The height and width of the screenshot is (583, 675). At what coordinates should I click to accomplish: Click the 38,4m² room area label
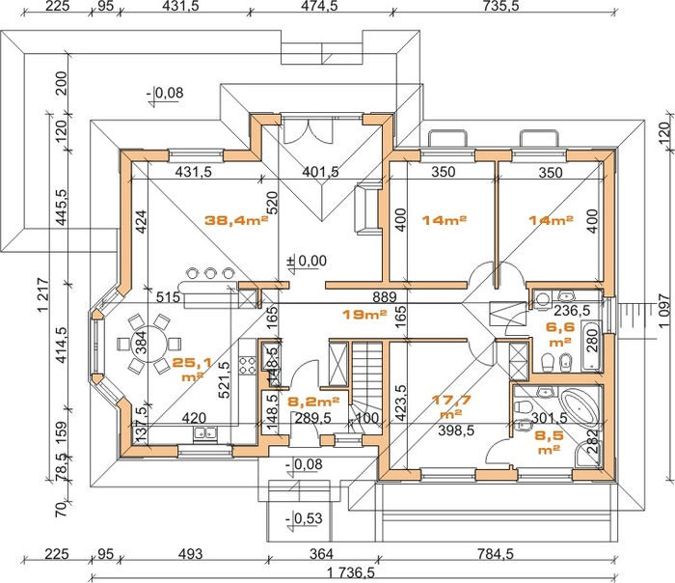tap(236, 220)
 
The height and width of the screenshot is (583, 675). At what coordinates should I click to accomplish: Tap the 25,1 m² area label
tap(192, 370)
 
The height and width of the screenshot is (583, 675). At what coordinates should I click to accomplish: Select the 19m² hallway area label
tap(364, 315)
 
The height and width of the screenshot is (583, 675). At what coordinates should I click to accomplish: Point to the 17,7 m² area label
tap(451, 406)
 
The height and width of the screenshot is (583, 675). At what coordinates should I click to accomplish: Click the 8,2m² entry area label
tap(313, 402)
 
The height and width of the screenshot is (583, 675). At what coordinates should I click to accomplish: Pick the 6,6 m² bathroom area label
tap(560, 334)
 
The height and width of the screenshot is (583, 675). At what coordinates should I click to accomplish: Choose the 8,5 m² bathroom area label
tap(549, 442)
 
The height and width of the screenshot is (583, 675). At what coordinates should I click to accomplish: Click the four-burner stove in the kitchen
tap(248, 365)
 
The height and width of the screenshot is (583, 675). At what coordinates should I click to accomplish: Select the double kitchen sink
tap(205, 433)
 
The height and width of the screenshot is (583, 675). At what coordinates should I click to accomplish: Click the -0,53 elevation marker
tap(305, 518)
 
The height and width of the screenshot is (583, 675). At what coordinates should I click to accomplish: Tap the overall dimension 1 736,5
tap(351, 573)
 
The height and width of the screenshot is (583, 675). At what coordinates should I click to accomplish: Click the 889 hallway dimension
tap(385, 296)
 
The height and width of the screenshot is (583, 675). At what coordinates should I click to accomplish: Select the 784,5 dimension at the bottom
tap(496, 553)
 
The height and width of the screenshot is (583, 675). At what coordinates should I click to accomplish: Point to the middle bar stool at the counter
tap(209, 273)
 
